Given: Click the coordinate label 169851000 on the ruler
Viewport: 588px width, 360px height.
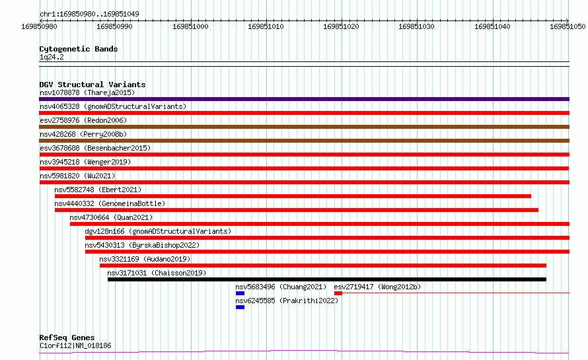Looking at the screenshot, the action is coord(190,26).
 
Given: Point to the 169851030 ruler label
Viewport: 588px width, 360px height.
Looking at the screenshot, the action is coord(416,26).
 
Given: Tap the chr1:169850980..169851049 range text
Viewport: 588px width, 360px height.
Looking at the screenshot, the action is coord(89,14).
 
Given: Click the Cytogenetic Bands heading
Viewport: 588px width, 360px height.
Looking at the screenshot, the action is coord(79,49).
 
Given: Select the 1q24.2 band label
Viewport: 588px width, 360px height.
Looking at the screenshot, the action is coord(52,57).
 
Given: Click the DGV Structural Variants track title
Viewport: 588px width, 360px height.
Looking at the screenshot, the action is coord(92,85).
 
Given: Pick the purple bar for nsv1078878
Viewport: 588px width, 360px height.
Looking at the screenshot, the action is coord(304,99).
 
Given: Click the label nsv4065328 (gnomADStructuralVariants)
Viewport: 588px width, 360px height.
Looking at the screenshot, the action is coord(113,106).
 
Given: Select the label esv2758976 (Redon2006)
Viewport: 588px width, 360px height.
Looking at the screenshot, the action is coord(83,120).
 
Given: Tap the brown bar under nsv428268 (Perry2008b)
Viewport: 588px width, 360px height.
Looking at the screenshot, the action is coord(304,141).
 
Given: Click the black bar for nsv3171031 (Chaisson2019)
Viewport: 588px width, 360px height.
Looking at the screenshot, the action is coord(327,279).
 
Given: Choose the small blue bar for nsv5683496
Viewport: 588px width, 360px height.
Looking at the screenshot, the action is coord(240,293).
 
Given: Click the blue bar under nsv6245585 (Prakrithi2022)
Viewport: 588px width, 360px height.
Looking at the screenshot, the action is coord(240,307).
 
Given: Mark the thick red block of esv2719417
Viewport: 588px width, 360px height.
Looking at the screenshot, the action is coord(338,293).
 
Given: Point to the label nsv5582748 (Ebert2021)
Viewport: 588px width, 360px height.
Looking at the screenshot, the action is coord(98,190).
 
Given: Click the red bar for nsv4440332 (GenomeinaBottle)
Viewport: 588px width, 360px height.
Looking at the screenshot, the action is coord(297,210).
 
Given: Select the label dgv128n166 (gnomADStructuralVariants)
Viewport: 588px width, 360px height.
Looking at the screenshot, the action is coord(158,231).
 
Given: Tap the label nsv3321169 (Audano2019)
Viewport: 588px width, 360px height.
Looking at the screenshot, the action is coord(145,259).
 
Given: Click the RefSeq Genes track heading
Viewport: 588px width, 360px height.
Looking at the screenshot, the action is coord(67,338).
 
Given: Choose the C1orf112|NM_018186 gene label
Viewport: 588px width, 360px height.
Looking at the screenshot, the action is coord(75,345).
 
